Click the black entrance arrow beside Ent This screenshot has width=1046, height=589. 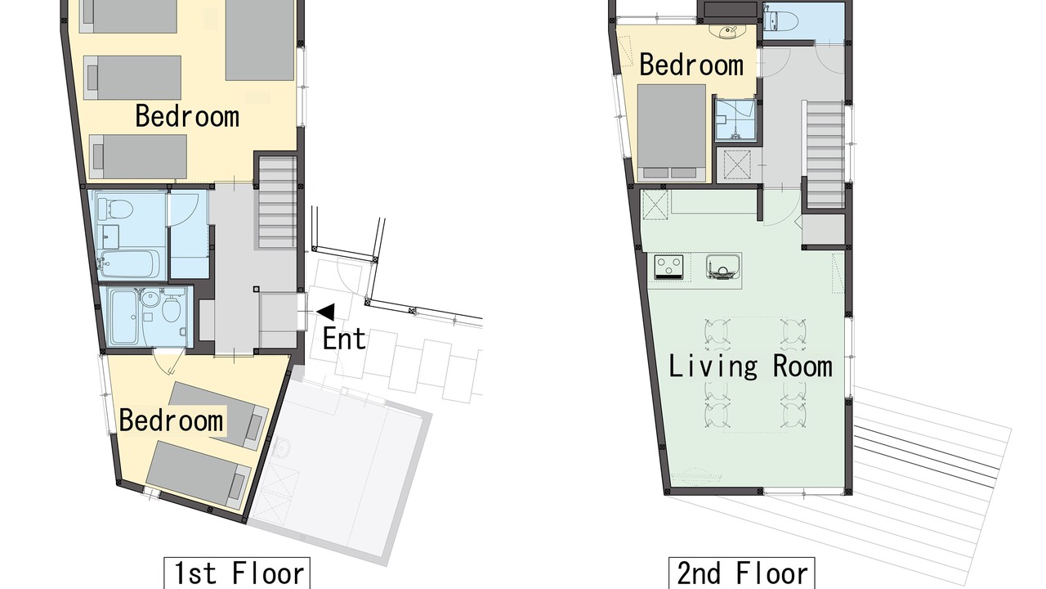pyautogui.click(x=326, y=312)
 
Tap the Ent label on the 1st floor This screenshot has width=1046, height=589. pyautogui.click(x=344, y=339)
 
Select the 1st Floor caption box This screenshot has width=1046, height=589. pyautogui.click(x=237, y=573)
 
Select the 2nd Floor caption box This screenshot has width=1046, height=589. pyautogui.click(x=742, y=573)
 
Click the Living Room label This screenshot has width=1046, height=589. pyautogui.click(x=750, y=366)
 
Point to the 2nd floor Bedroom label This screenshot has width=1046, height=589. pyautogui.click(x=691, y=65)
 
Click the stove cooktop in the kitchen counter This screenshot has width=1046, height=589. pyautogui.click(x=668, y=267)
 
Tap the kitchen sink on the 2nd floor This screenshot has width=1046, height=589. pyautogui.click(x=723, y=267)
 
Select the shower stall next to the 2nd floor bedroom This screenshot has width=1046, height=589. pyautogui.click(x=735, y=119)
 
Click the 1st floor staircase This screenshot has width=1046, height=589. pyautogui.click(x=278, y=202)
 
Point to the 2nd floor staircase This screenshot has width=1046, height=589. pyautogui.click(x=825, y=155)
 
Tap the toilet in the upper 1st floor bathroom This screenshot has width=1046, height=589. pyautogui.click(x=115, y=209)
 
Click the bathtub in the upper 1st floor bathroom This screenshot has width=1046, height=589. pyautogui.click(x=129, y=264)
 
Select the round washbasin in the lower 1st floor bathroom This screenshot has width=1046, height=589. pyautogui.click(x=150, y=299)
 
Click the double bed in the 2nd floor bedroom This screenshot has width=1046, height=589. pyautogui.click(x=672, y=133)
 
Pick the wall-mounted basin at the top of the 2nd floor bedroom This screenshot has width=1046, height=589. pyautogui.click(x=727, y=31)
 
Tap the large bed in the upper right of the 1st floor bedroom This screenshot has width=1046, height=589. pyautogui.click(x=260, y=40)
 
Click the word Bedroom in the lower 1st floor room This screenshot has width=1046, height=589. pyautogui.click(x=171, y=420)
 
